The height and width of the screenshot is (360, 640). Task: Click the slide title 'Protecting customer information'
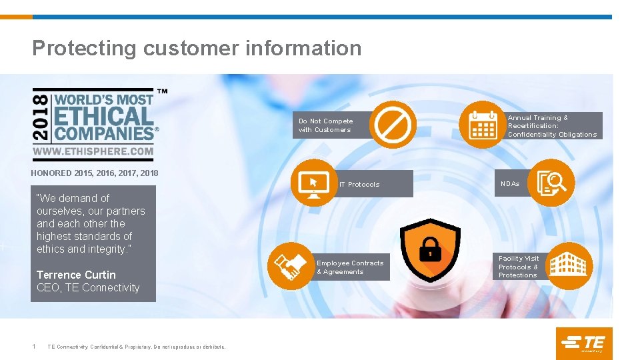(197, 48)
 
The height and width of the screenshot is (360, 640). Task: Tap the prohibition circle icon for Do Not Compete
(393, 124)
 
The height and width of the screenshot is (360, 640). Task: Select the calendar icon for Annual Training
(483, 124)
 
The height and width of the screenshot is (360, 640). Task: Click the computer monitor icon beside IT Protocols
(313, 181)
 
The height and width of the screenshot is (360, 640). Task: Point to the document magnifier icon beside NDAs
(551, 182)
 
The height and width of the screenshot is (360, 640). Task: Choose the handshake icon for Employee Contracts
(291, 266)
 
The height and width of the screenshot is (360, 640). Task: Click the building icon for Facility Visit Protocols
(569, 265)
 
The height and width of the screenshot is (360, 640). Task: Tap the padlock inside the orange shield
(429, 250)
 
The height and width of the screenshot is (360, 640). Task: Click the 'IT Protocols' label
(359, 185)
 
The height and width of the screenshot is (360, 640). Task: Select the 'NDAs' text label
(510, 183)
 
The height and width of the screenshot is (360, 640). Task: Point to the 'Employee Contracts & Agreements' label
(350, 267)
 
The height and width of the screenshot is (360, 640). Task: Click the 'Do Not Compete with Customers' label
(325, 125)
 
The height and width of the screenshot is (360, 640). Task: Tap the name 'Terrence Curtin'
(76, 275)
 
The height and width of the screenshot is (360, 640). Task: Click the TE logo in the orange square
(583, 343)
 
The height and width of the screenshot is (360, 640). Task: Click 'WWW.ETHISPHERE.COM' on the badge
(93, 152)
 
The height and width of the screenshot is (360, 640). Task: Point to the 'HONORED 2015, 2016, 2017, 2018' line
(95, 173)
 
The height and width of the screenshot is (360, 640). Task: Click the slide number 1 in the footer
(34, 346)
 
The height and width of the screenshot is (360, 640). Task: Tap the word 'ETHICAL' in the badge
(103, 116)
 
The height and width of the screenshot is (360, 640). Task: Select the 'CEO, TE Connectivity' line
(88, 288)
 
